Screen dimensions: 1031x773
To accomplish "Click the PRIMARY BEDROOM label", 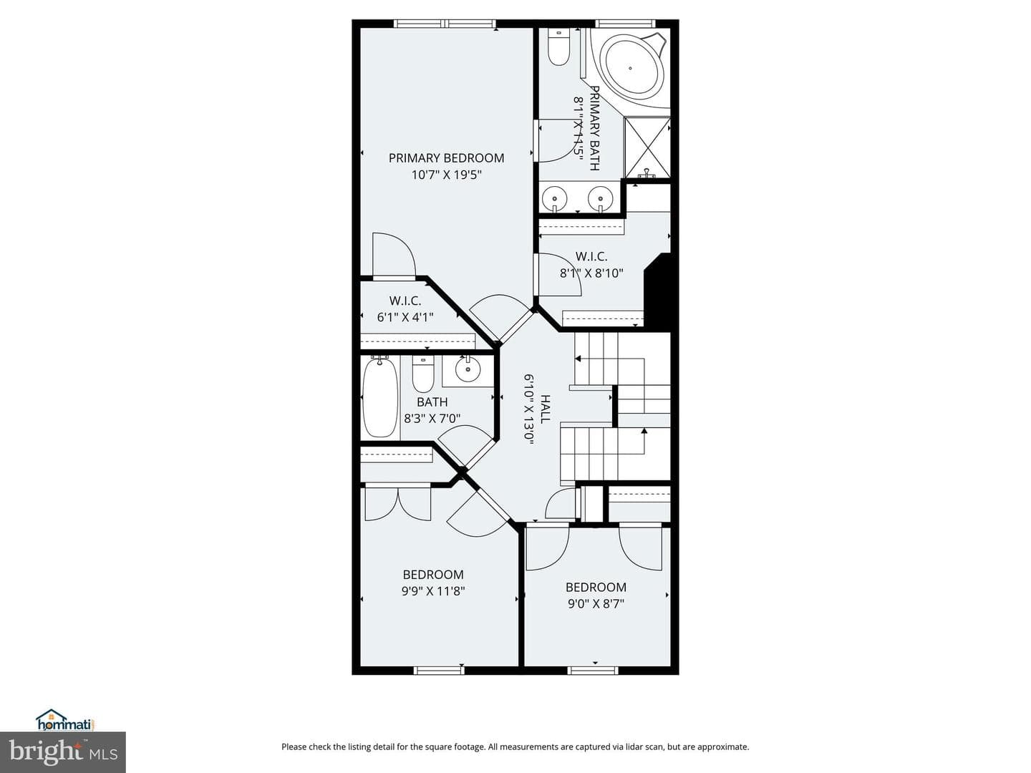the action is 446,158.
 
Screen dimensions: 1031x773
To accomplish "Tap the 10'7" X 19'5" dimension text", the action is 447,175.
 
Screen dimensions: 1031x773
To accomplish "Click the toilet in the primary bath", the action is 558,47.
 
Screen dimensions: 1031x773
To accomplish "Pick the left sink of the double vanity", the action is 554,198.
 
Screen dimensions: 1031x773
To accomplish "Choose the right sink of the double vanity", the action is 600,198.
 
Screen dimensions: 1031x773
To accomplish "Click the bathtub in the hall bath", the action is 380,397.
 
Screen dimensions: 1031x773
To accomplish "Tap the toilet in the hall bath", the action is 423,374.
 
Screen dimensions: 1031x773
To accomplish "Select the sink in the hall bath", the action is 468,371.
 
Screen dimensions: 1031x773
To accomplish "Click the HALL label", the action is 545,409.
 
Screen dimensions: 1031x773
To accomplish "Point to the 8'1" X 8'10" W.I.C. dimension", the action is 591,273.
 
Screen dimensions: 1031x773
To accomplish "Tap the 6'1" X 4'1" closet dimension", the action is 405,317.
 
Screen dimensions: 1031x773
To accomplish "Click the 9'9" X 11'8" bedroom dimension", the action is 433,591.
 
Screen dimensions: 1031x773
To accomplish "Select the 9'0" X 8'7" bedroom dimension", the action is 596,603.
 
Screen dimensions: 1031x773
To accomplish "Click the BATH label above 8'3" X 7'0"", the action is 432,402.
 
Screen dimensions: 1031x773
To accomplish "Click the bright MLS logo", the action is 62,752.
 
